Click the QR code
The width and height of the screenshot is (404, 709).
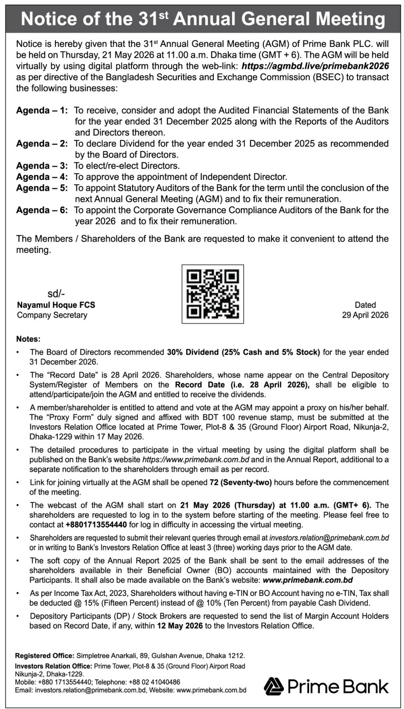(212, 293)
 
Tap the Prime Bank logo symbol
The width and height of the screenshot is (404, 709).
(273, 686)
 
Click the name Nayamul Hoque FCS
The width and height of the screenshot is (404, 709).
(56, 305)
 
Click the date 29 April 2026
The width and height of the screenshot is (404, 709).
(365, 315)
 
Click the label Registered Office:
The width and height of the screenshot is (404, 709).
(45, 655)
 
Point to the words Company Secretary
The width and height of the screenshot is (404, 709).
(52, 315)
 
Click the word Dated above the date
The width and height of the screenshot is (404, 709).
(365, 305)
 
